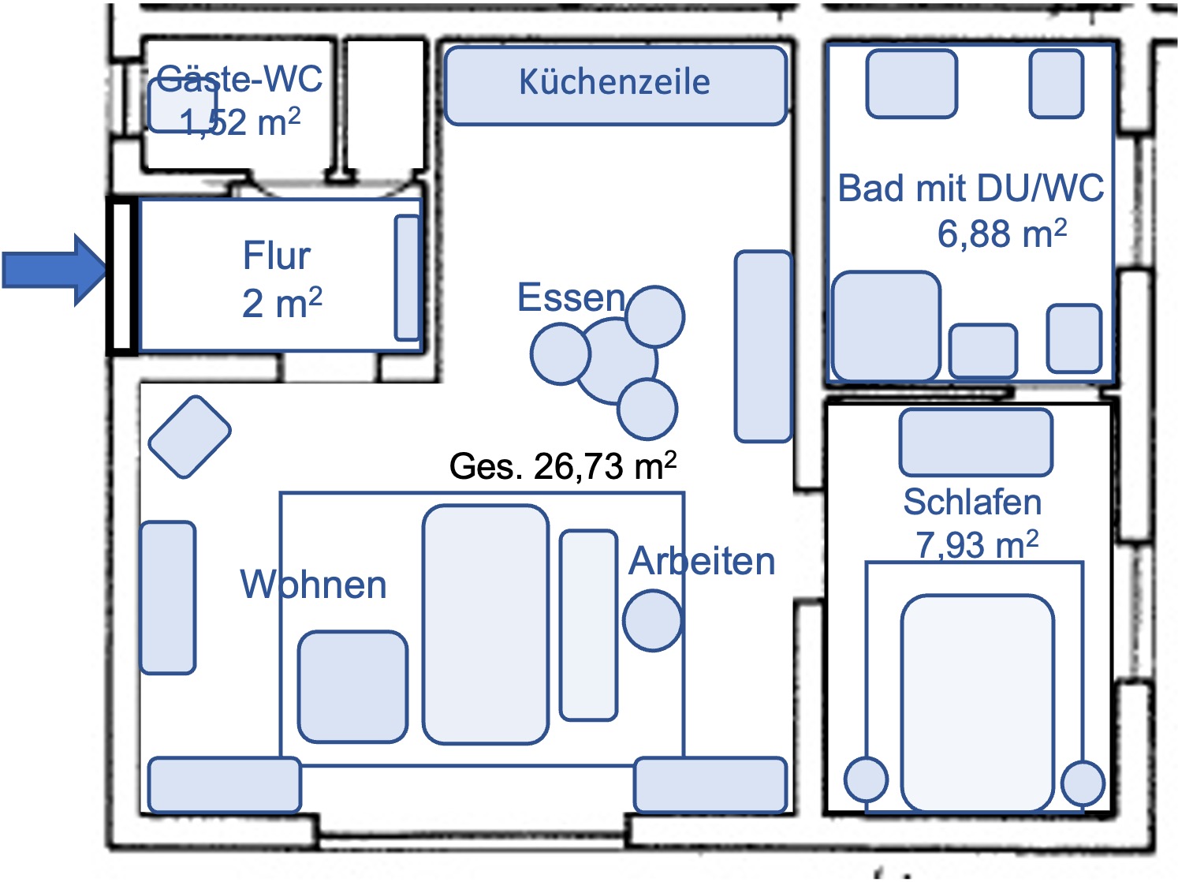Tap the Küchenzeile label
pos(614,82)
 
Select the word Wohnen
pos(313,585)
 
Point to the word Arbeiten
pos(702,561)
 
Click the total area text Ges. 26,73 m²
pos(562,466)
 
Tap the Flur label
pos(276,256)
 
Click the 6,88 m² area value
pos(1001,234)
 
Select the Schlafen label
pos(971,502)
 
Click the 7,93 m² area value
pos(976,544)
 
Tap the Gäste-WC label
pos(239,78)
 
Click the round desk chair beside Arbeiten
pos(652,621)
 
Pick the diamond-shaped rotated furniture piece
pos(189,436)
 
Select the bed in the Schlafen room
pos(977,702)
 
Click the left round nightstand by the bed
pos(866,779)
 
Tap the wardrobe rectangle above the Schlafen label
pos(975,442)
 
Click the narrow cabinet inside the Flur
pos(407,277)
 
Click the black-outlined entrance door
pos(121,275)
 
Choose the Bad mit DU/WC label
pos(970,189)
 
